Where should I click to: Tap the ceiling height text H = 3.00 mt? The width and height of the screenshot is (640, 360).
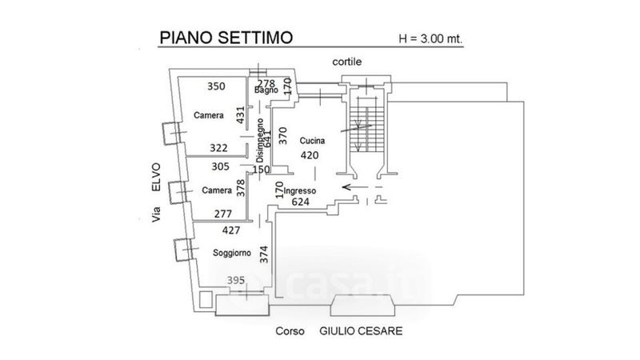[x=430, y=38]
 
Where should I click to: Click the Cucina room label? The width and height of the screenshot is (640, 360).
[x=313, y=141]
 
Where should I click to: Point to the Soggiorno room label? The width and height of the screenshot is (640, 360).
[x=232, y=253]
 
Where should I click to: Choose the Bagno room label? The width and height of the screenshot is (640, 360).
[x=266, y=90]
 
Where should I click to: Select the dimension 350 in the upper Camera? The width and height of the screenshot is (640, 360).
[x=216, y=86]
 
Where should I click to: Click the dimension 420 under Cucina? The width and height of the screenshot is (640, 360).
[x=310, y=155]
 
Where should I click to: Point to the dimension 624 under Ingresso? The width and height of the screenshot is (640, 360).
[x=302, y=203]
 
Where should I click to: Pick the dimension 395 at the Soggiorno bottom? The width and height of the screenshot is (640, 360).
[x=237, y=280]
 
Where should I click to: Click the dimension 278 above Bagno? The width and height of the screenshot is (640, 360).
[x=266, y=82]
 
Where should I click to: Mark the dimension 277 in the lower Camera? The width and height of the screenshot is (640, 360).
[x=224, y=214]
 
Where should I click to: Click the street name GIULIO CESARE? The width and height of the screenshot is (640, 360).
[x=360, y=330]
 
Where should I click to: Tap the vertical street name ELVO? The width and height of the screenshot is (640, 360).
[x=157, y=175]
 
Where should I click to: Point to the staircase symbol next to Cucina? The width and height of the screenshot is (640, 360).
[x=362, y=128]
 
